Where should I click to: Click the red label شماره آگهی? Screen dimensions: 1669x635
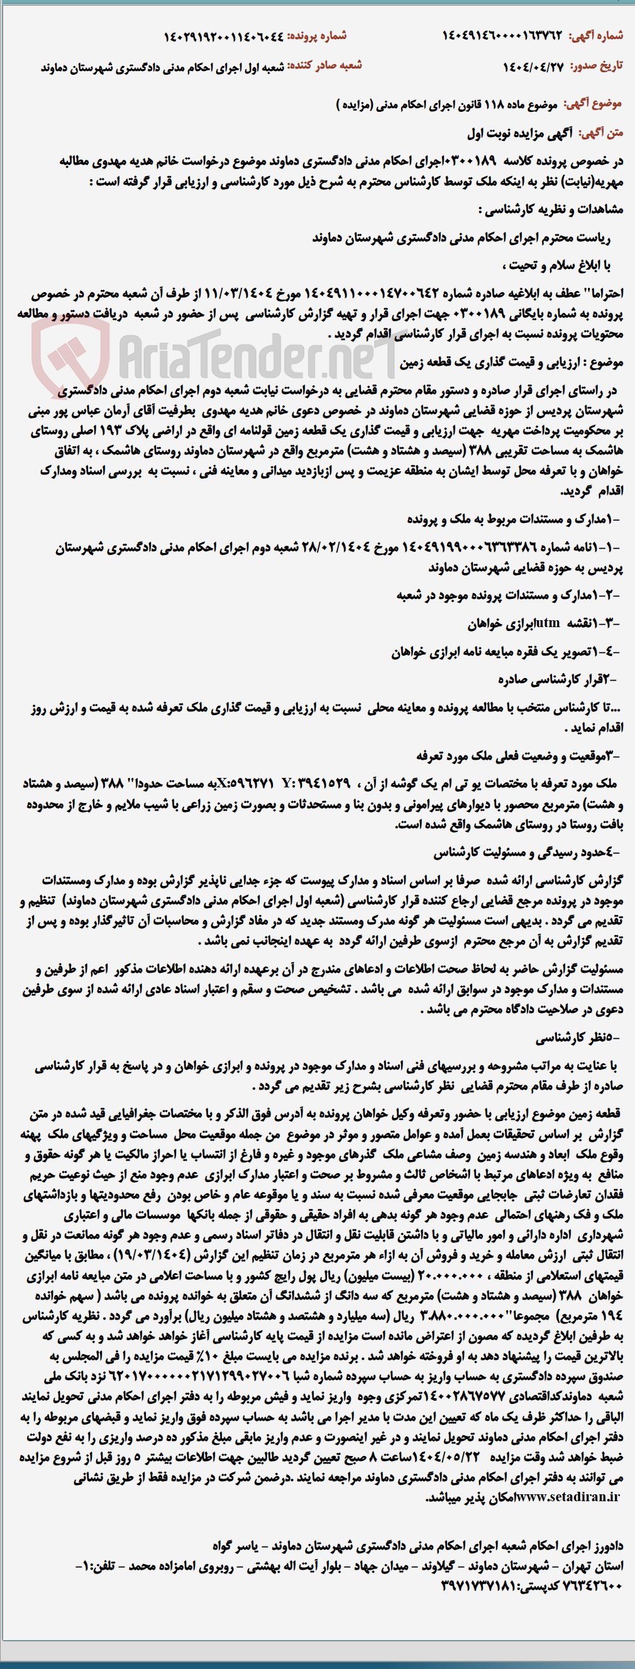pyautogui.click(x=595, y=36)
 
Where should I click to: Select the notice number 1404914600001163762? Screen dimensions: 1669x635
pyautogui.click(x=502, y=36)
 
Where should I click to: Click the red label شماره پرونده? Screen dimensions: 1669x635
pyautogui.click(x=317, y=36)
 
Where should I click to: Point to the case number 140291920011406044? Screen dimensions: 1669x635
pyautogui.click(x=224, y=36)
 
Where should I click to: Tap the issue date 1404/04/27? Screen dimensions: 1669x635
pyautogui.click(x=533, y=66)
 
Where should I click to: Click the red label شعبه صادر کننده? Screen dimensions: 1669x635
pyautogui.click(x=324, y=65)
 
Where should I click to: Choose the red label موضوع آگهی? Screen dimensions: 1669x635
pyautogui.click(x=592, y=104)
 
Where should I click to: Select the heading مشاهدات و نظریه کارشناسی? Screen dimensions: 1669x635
pyautogui.click(x=551, y=209)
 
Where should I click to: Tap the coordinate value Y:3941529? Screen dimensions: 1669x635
pyautogui.click(x=316, y=784)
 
